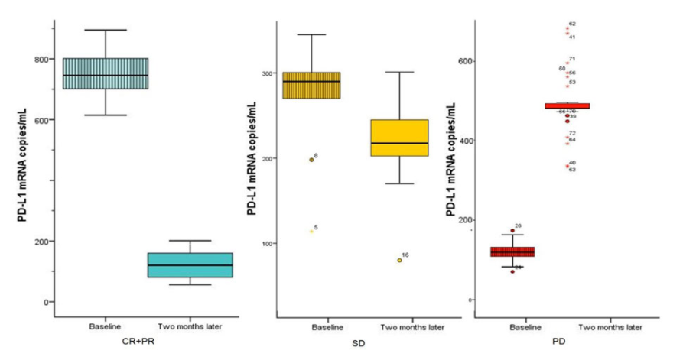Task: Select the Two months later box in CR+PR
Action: tap(189, 265)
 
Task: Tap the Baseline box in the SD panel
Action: tap(312, 85)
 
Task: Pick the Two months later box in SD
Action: tap(398, 138)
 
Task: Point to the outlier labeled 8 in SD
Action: tap(311, 160)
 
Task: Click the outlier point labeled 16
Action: tap(399, 260)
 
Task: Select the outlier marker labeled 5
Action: tap(311, 231)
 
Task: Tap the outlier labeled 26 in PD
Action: tap(512, 230)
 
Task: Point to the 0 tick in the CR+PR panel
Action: tap(47, 302)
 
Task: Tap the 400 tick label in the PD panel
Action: tap(461, 141)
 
